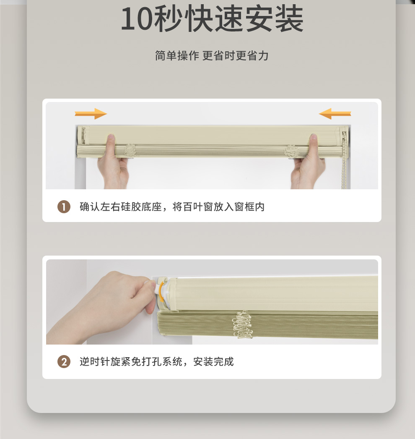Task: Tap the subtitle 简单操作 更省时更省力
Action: [212, 55]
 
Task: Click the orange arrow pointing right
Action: [91, 114]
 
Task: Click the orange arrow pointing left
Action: [335, 114]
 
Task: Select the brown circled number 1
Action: [64, 206]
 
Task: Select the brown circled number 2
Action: [64, 361]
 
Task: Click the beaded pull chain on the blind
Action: [345, 159]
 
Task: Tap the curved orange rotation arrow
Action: [161, 291]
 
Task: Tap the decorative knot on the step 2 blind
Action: [242, 324]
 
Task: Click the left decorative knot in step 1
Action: [130, 151]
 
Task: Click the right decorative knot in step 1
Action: [291, 151]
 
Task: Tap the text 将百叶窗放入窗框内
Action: [218, 206]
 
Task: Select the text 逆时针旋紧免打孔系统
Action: [131, 361]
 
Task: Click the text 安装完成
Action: [213, 361]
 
